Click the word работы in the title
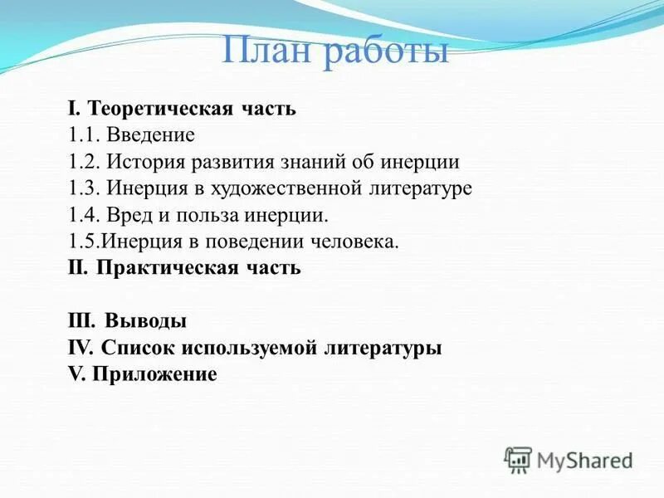[x=386, y=52]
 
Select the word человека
[x=358, y=242]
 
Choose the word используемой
[x=262, y=348]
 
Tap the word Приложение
[x=154, y=374]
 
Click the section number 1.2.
[x=83, y=161]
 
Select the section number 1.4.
[x=83, y=215]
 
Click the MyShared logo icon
[x=518, y=459]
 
